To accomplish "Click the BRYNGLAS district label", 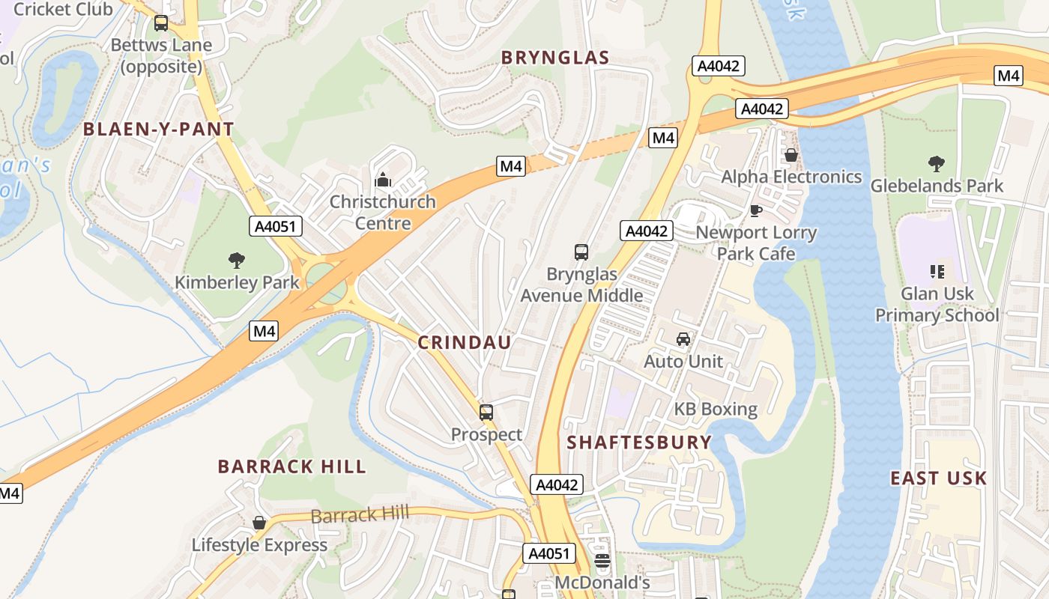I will tap(555, 58).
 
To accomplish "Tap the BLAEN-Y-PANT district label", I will tap(159, 129).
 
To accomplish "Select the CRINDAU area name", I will tap(465, 343).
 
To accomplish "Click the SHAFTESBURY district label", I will tap(639, 443).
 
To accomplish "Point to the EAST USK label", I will tap(938, 478).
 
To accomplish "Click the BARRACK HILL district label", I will tap(292, 467).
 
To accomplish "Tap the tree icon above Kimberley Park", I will tap(237, 261).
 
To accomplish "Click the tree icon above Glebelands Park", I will tap(936, 163).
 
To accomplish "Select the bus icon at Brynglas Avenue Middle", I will tap(581, 252).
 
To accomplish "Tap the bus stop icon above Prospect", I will tap(486, 412).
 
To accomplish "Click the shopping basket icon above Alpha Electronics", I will tap(790, 155).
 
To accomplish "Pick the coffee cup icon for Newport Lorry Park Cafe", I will tap(755, 210).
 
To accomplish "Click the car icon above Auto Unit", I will tap(683, 339).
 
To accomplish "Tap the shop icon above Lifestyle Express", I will tap(259, 523).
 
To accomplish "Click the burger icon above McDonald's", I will tap(602, 560).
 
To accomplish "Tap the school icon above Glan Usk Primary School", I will tap(937, 271).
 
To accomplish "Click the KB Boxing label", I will tap(716, 410).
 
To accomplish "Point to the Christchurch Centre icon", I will tap(383, 180).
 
